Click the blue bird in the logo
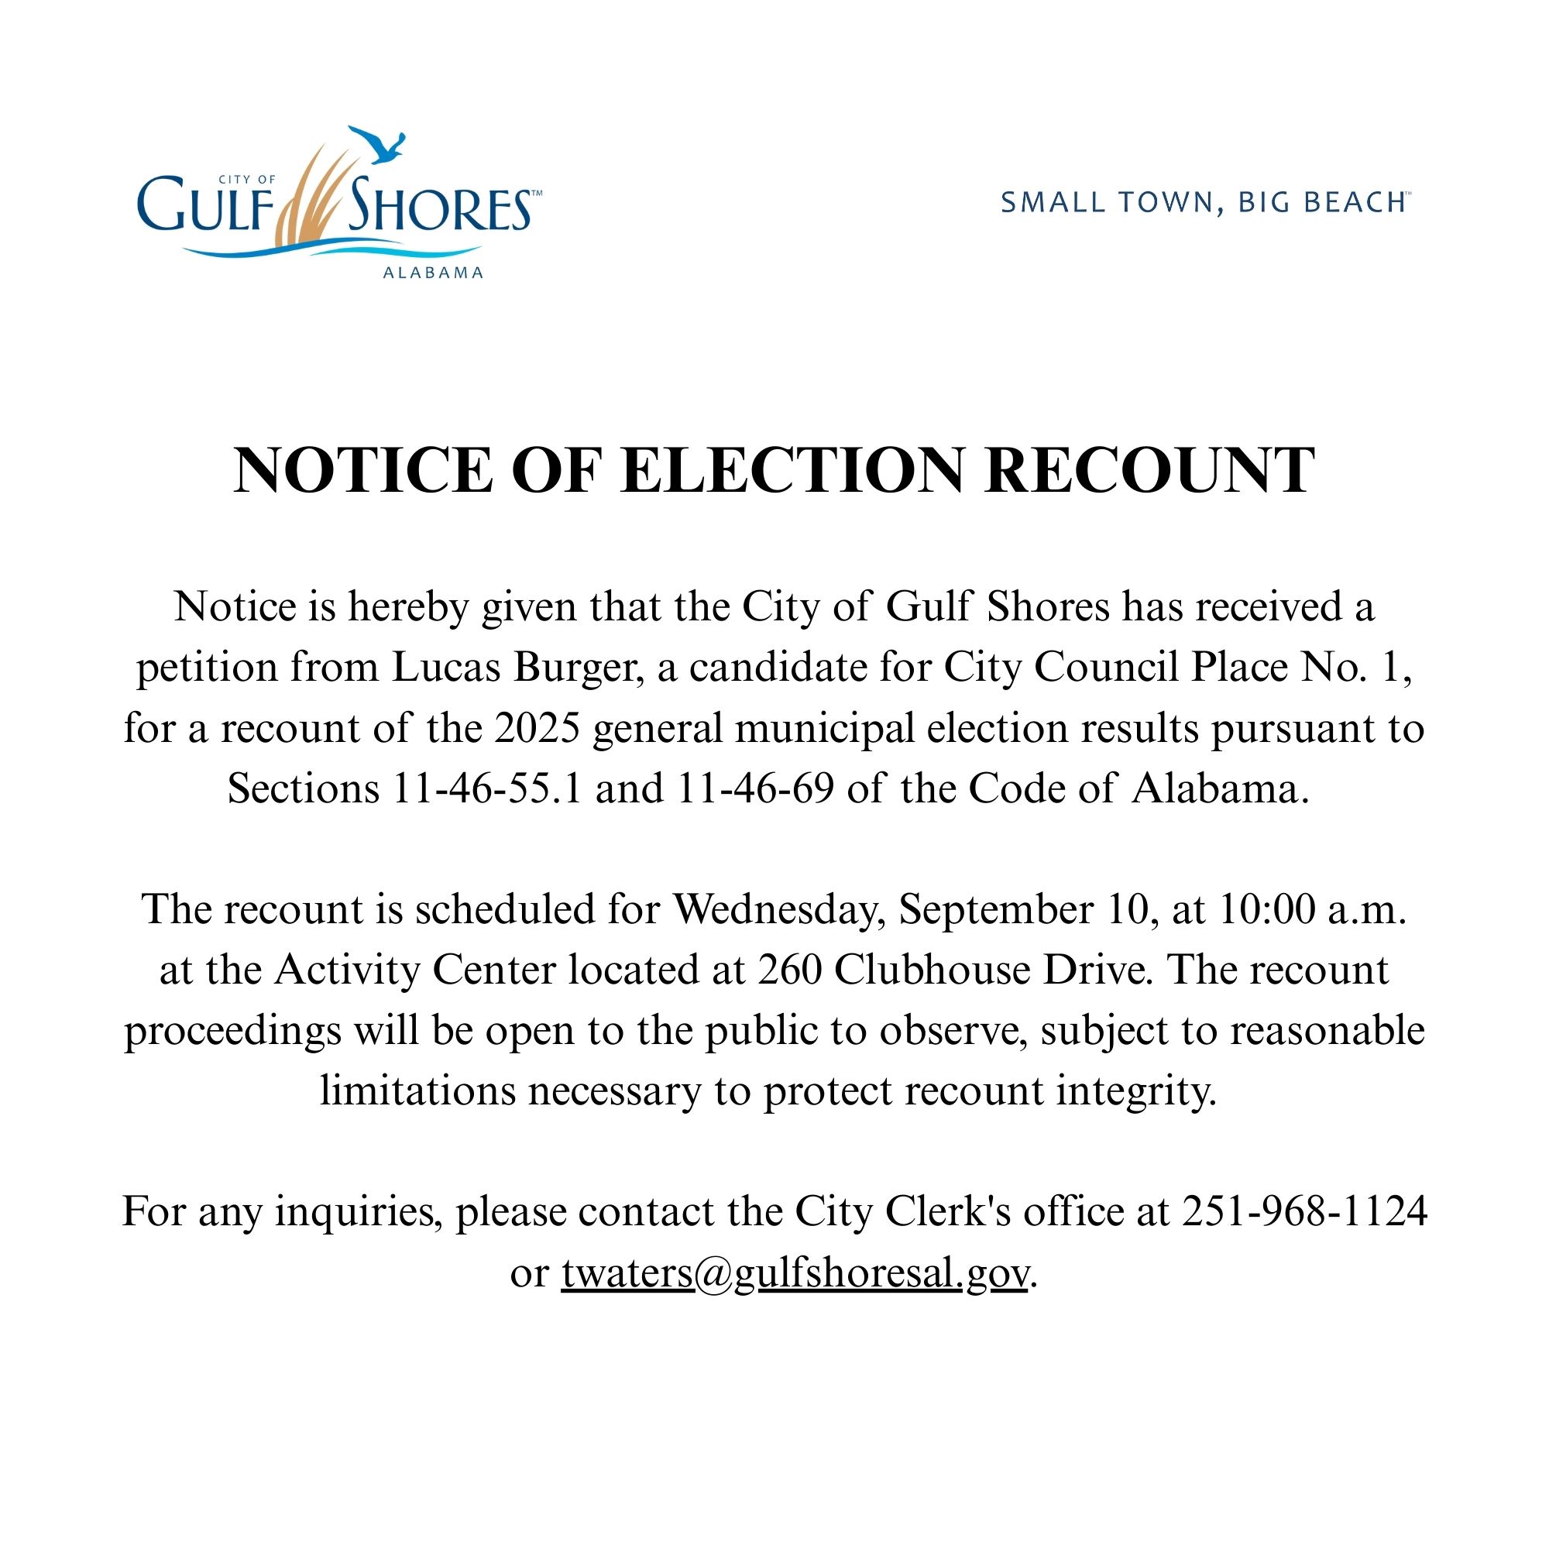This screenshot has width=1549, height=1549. click(x=380, y=145)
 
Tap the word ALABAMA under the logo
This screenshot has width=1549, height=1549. click(x=433, y=273)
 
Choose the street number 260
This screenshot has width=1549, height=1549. click(x=790, y=970)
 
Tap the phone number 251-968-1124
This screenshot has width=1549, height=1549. click(x=1304, y=1211)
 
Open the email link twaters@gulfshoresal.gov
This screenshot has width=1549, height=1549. click(x=794, y=1273)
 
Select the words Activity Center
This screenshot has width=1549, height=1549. click(x=415, y=970)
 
